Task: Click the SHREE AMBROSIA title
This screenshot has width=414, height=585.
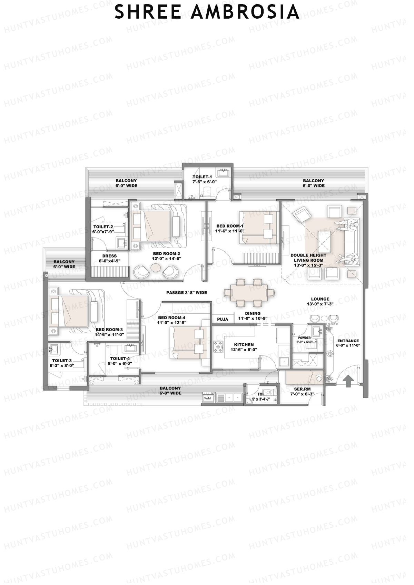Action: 207,12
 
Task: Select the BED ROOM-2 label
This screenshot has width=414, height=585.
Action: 167,253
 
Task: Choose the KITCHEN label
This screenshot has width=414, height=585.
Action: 244,344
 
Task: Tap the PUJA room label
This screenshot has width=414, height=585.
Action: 223,319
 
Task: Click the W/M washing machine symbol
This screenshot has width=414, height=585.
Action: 208,398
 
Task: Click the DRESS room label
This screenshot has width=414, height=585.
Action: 109,256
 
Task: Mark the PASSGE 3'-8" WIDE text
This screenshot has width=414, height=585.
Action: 187,293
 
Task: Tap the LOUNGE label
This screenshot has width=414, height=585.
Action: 320,299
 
